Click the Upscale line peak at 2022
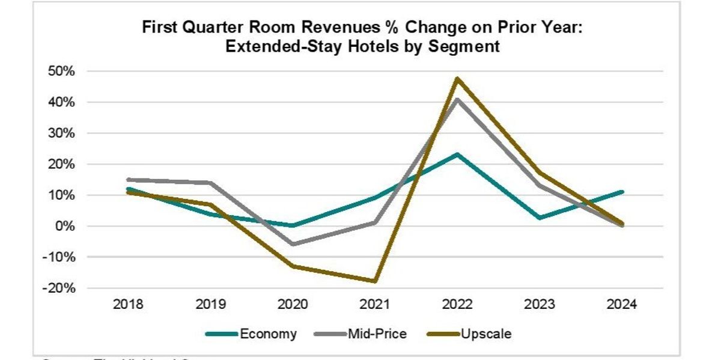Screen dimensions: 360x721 pos(457,79)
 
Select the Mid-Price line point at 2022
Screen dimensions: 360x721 pos(457,99)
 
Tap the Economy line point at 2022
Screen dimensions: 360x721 pos(457,154)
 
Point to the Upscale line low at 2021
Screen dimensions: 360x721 pos(375,281)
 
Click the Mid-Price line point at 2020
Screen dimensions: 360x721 pos(293,244)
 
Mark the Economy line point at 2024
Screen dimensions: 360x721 pos(622,192)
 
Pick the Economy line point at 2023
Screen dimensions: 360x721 pos(540,218)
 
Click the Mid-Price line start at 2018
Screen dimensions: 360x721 pos(128,179)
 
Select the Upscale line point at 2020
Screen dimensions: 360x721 pos(293,266)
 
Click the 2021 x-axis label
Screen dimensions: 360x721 pos(375,305)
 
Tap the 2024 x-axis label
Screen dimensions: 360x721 pos(622,305)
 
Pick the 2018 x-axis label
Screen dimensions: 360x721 pos(128,305)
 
